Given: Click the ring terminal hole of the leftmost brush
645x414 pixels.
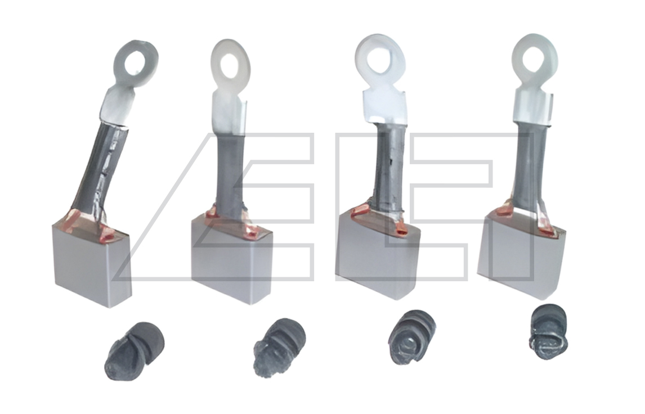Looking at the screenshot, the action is click(x=136, y=64).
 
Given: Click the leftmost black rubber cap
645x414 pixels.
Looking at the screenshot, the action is click(x=134, y=350).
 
